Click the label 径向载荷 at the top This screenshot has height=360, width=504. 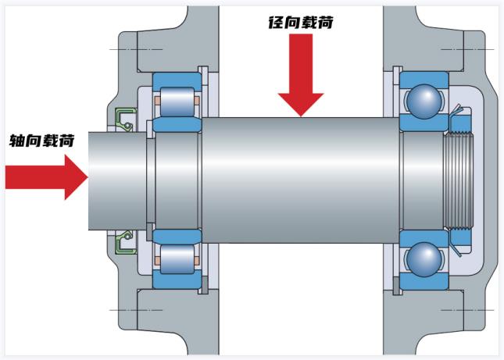pyautogui.click(x=301, y=23)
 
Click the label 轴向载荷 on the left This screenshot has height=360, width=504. pyautogui.click(x=42, y=141)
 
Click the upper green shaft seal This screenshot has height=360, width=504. pyautogui.click(x=125, y=118)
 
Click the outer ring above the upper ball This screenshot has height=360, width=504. pyautogui.click(x=423, y=77)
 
